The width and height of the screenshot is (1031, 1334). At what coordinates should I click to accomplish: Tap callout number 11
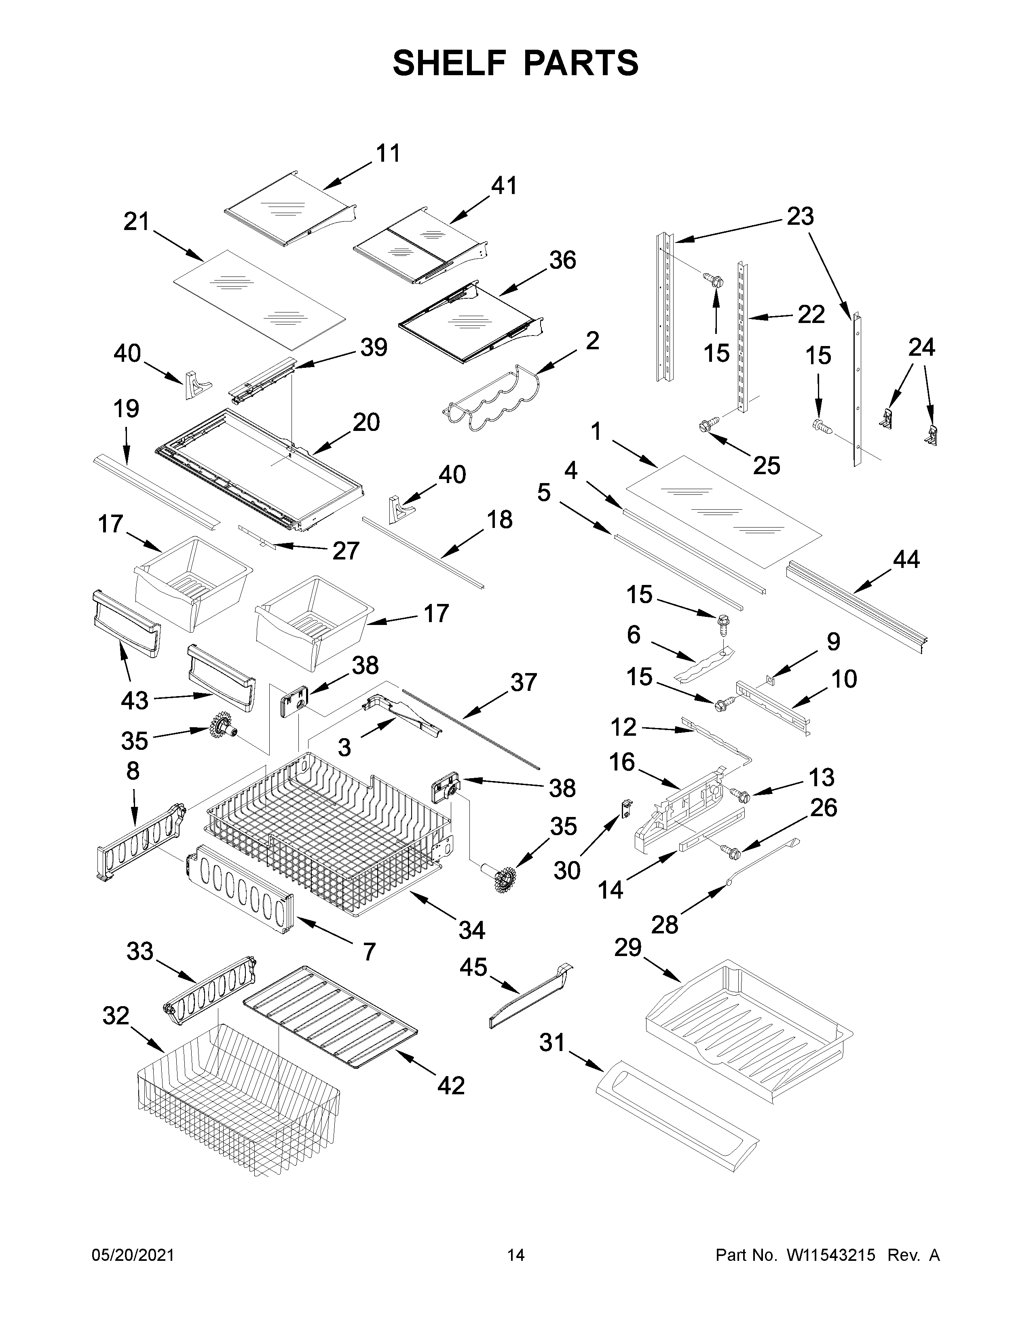[x=388, y=153]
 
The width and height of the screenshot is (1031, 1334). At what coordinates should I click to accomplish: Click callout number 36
[x=562, y=260]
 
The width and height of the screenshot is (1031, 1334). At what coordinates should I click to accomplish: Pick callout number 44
[x=906, y=559]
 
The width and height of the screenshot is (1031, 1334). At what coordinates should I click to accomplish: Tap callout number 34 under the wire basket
[x=471, y=930]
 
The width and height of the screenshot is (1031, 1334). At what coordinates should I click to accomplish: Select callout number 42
[x=451, y=1085]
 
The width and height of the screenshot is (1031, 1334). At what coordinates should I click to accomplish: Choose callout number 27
[x=345, y=551]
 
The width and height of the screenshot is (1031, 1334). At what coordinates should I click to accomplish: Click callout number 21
[x=136, y=221]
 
